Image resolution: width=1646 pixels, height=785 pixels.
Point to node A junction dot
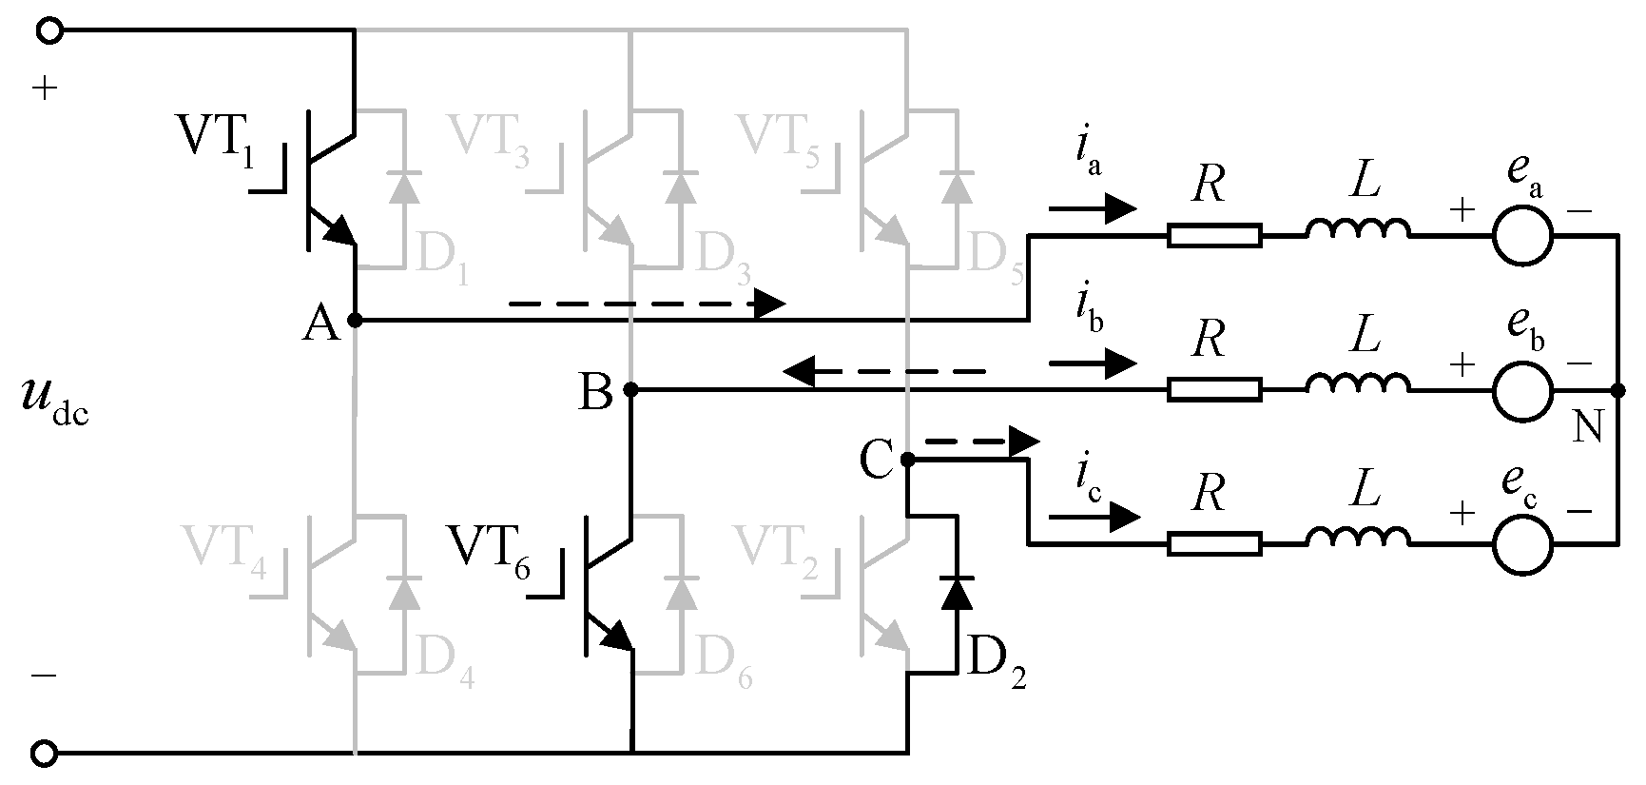(355, 322)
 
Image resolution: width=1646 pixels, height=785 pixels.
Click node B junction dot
(629, 389)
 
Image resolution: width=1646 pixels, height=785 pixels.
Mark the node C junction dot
(906, 460)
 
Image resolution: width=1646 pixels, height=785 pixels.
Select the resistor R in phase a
(1214, 235)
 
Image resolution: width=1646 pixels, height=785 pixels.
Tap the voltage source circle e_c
(1521, 544)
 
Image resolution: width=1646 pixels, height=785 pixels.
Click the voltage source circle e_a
(1521, 235)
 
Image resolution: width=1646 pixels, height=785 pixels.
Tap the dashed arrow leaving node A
(647, 304)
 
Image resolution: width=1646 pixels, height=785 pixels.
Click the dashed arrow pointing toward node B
(884, 372)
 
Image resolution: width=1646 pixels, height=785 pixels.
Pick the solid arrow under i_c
(1094, 517)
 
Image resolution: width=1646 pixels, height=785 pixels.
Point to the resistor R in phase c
(1214, 544)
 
